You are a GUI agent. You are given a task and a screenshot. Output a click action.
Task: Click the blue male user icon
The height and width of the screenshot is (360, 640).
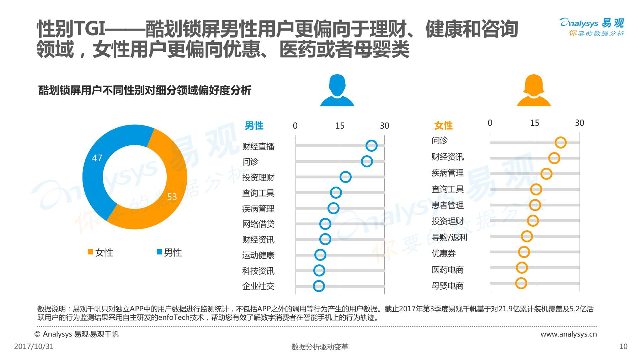coord(337,91)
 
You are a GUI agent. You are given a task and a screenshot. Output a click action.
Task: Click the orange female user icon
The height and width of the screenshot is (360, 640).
coord(533,91)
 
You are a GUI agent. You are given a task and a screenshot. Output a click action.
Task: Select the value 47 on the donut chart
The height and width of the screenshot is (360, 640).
coord(97,158)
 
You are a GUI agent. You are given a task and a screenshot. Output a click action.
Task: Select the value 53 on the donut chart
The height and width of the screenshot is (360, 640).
coord(172,197)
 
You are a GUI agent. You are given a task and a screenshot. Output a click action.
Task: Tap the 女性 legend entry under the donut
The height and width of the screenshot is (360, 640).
coord(100,253)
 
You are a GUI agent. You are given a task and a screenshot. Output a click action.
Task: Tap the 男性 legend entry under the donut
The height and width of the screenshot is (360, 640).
coord(169,253)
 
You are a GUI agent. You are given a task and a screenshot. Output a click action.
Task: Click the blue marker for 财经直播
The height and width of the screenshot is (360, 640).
coord(371,146)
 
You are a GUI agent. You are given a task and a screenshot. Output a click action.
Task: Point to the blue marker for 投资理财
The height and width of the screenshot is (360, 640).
coord(345,177)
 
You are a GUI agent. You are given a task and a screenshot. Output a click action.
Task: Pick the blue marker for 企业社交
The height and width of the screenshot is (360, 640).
coord(319,286)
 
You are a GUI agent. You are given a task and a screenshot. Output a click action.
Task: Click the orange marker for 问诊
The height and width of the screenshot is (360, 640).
coord(560,143)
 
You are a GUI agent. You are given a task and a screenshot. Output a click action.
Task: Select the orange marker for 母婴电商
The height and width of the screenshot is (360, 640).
coord(521,283)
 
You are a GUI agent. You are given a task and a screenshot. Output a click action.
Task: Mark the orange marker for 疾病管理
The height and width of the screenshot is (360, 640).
coord(546,174)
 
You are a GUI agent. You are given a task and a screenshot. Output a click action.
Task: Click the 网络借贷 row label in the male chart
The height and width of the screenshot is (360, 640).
coord(258,224)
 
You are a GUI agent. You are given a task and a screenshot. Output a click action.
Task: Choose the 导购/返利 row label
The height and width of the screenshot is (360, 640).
coord(449,237)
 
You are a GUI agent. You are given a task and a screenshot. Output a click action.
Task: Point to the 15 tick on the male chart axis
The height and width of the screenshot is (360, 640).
coord(340,126)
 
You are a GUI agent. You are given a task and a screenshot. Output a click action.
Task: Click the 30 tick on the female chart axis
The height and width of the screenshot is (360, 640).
coord(580,123)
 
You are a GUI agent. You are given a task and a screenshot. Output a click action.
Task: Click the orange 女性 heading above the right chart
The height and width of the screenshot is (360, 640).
coord(443,125)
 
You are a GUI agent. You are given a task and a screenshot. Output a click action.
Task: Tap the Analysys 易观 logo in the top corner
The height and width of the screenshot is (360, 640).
coord(592,27)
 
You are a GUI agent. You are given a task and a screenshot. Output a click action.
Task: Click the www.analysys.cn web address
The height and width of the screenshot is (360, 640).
coord(569,334)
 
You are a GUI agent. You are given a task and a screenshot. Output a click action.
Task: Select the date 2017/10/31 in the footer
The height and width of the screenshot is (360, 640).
coord(34,346)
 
